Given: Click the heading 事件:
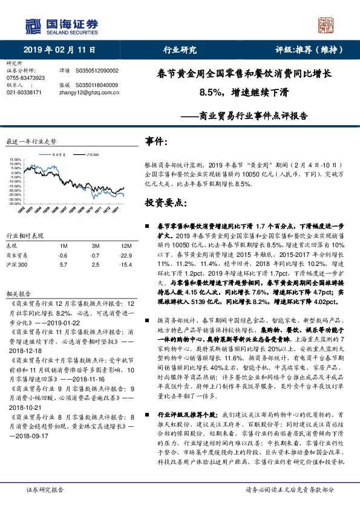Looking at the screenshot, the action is point(157,141).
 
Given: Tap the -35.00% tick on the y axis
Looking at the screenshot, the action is point(15,204).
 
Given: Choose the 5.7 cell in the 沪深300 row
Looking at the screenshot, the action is point(63,265).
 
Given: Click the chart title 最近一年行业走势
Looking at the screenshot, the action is point(31,141).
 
